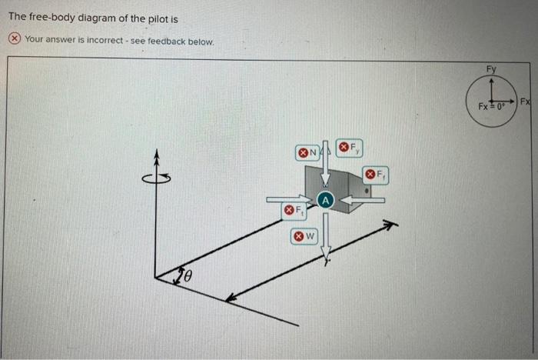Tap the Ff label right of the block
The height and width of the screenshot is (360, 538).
pyautogui.click(x=377, y=175)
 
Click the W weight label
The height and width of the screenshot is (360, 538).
pyautogui.click(x=304, y=237)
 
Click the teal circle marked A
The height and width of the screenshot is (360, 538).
pyautogui.click(x=326, y=200)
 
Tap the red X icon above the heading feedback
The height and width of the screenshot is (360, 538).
pyautogui.click(x=15, y=39)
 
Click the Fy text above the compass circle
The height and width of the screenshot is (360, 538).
pyautogui.click(x=491, y=69)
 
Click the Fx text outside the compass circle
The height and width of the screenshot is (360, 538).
pyautogui.click(x=525, y=102)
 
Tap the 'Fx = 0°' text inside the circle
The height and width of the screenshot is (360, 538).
pyautogui.click(x=490, y=105)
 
